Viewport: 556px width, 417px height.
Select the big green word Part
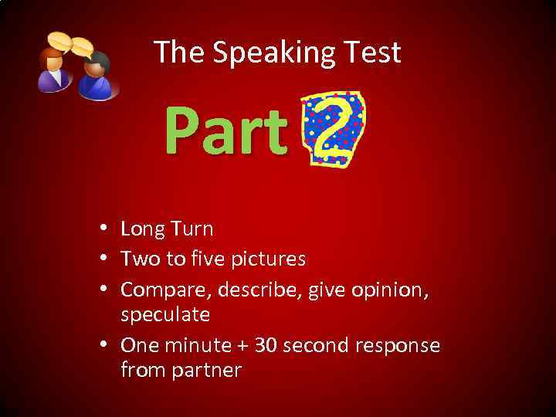click(x=225, y=132)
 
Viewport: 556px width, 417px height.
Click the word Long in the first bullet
click(x=143, y=229)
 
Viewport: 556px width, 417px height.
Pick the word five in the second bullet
click(x=203, y=258)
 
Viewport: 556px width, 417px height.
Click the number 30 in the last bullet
click(x=266, y=344)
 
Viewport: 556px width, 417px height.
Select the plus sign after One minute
click(x=240, y=345)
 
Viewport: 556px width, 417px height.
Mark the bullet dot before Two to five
click(x=103, y=259)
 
